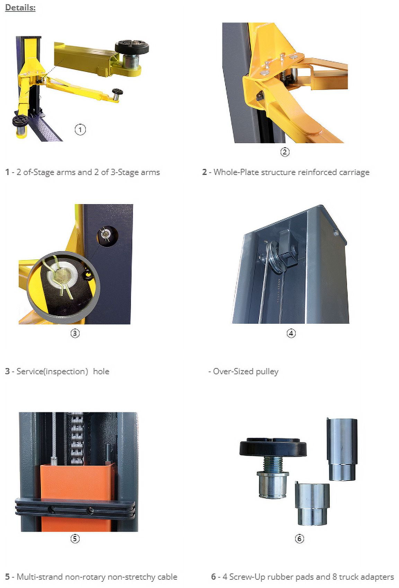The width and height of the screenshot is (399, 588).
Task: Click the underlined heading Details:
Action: pyautogui.click(x=20, y=8)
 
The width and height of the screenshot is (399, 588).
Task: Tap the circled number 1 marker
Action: pyautogui.click(x=80, y=129)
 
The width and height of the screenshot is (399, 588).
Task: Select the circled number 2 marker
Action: pyautogui.click(x=285, y=152)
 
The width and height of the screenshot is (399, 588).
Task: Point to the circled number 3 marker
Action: pyautogui.click(x=75, y=333)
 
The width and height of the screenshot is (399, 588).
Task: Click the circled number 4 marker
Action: pyautogui.click(x=291, y=333)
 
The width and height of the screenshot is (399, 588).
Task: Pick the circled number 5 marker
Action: pyautogui.click(x=75, y=539)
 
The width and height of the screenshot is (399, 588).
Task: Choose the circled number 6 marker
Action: pyautogui.click(x=299, y=539)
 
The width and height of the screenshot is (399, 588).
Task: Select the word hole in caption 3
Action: pyautogui.click(x=101, y=371)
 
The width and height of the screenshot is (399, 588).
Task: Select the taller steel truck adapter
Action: pyautogui.click(x=342, y=449)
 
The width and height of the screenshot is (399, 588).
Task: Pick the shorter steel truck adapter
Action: pyautogui.click(x=312, y=504)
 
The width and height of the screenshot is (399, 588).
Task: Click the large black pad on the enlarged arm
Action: pyautogui.click(x=132, y=47)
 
